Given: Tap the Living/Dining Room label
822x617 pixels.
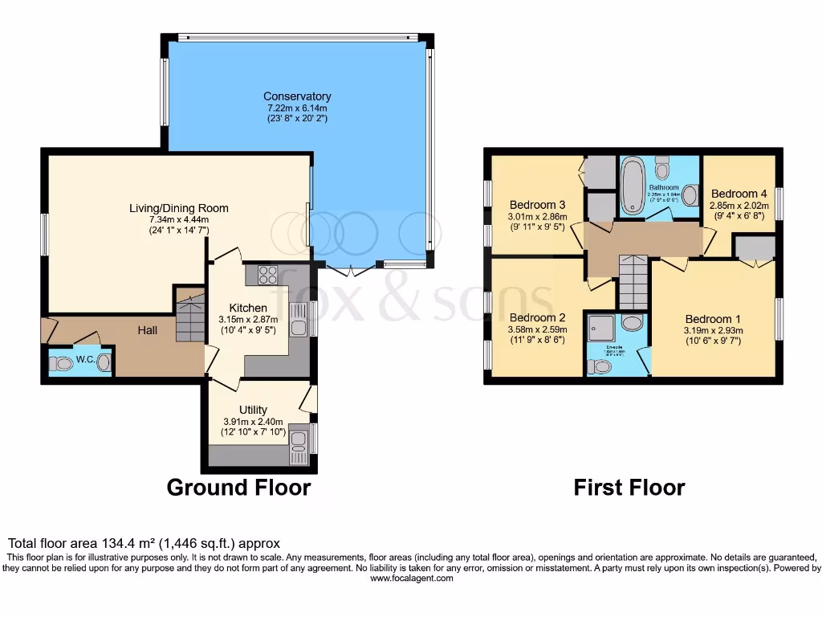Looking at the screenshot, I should (179, 208).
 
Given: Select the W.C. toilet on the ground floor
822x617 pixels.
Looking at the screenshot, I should (62, 364).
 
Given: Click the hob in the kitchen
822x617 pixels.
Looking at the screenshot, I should (267, 274).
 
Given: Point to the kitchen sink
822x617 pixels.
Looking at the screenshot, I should (299, 327).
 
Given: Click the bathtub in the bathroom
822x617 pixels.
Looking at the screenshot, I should (632, 186).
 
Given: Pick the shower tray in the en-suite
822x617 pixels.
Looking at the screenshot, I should (600, 325).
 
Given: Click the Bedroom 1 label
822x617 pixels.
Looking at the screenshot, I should (708, 319).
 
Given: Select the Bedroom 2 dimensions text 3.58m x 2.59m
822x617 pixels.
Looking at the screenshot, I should (536, 329).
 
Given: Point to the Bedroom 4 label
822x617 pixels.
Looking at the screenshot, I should (739, 194).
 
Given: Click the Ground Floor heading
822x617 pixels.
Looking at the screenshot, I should (238, 487).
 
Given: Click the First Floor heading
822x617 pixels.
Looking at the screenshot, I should (629, 487).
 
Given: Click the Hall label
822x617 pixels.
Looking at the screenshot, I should (146, 330).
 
